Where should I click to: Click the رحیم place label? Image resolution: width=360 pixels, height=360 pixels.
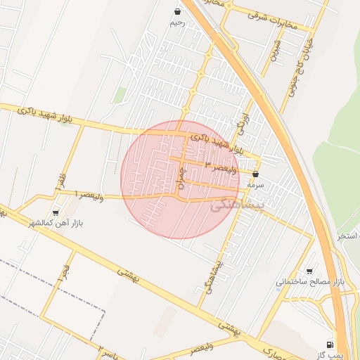pos(176,22)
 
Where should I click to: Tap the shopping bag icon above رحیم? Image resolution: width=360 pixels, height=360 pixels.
pos(176,11)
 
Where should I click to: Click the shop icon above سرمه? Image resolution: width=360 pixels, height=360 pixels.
pos(255,173)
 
